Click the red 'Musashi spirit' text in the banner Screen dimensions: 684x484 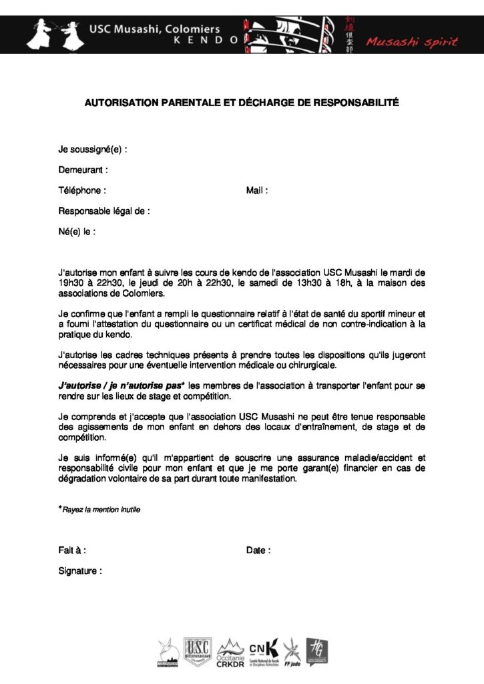[411, 43]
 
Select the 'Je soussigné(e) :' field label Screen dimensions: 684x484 [92, 149]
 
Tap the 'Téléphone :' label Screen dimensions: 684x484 [82, 190]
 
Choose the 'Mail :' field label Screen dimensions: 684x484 [257, 190]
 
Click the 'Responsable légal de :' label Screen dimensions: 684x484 [103, 211]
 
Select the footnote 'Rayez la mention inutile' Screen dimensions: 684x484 [101, 510]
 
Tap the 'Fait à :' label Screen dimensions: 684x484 [72, 551]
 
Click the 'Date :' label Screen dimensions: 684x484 [258, 551]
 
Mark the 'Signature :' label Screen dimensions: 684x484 [80, 572]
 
